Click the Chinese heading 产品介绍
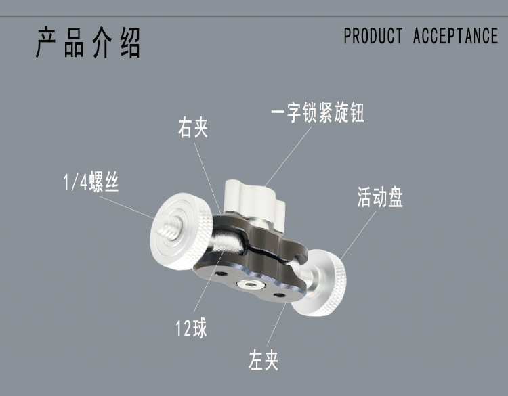[x=88, y=43]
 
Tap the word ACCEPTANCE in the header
[x=455, y=36]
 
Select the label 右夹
[x=192, y=129]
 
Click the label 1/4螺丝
[x=87, y=183]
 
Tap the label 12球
[x=190, y=330]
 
